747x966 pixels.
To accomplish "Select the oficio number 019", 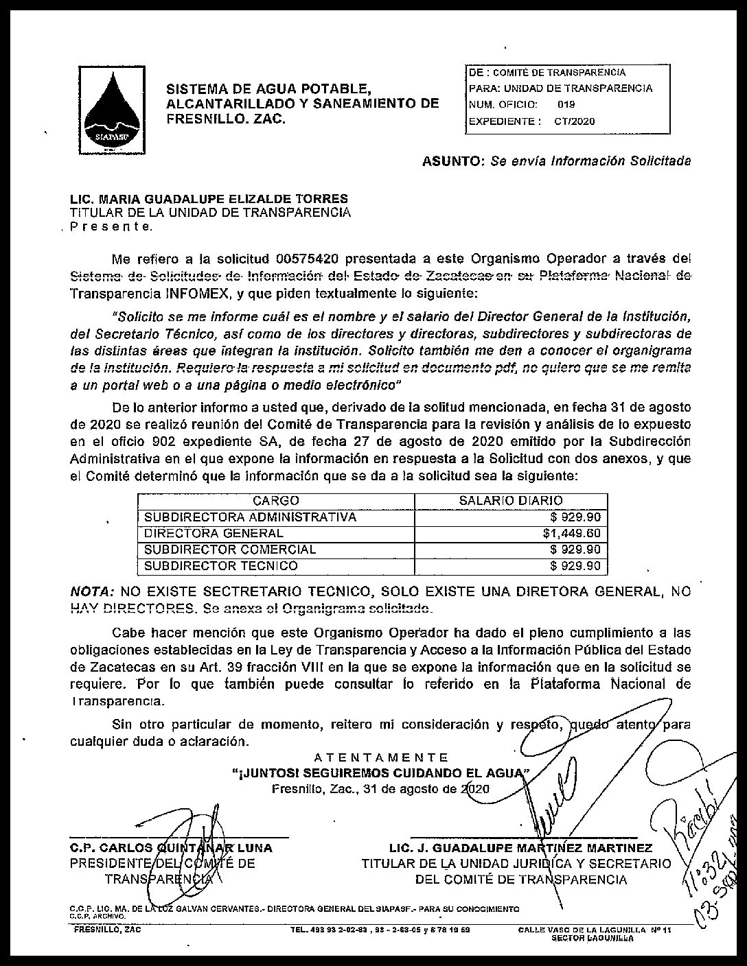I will tap(566, 104).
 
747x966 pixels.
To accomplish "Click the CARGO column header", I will tap(275, 501).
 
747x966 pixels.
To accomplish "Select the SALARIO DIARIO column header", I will tap(510, 501).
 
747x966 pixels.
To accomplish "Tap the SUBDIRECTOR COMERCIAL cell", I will tap(230, 550).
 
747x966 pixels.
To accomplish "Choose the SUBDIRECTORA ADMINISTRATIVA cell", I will tap(250, 517).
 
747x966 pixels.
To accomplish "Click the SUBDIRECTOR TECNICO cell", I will tap(220, 566).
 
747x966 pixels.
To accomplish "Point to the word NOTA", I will tap(92, 591).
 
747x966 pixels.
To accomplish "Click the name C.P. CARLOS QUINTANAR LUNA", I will tap(171, 847).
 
